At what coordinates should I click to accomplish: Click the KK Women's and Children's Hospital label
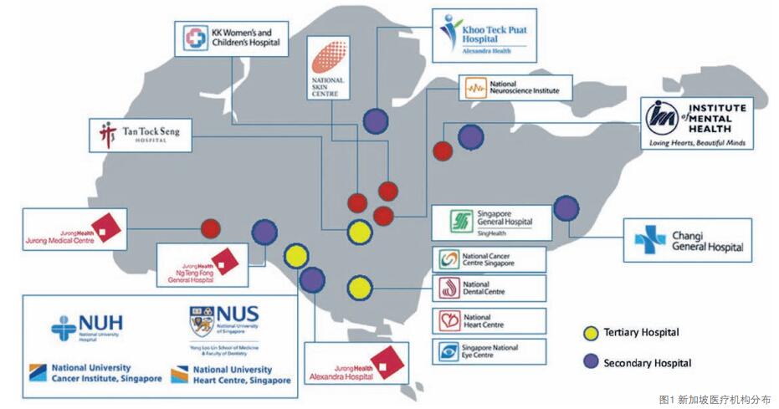(x=228, y=38)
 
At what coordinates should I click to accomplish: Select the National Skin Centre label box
(x=327, y=68)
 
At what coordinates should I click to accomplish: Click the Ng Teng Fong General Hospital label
(x=202, y=264)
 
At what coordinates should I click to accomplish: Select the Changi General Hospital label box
(x=687, y=240)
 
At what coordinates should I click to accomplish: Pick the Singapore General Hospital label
(x=491, y=222)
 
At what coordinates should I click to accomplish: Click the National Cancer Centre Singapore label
(x=489, y=259)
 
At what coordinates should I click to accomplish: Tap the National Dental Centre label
(x=489, y=289)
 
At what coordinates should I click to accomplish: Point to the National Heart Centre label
(x=489, y=320)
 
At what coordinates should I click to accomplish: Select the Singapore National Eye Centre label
(x=489, y=350)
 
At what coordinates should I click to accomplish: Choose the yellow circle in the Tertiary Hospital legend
(x=592, y=333)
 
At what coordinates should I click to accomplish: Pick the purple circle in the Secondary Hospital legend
(x=592, y=363)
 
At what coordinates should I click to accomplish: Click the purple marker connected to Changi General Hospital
(x=566, y=207)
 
